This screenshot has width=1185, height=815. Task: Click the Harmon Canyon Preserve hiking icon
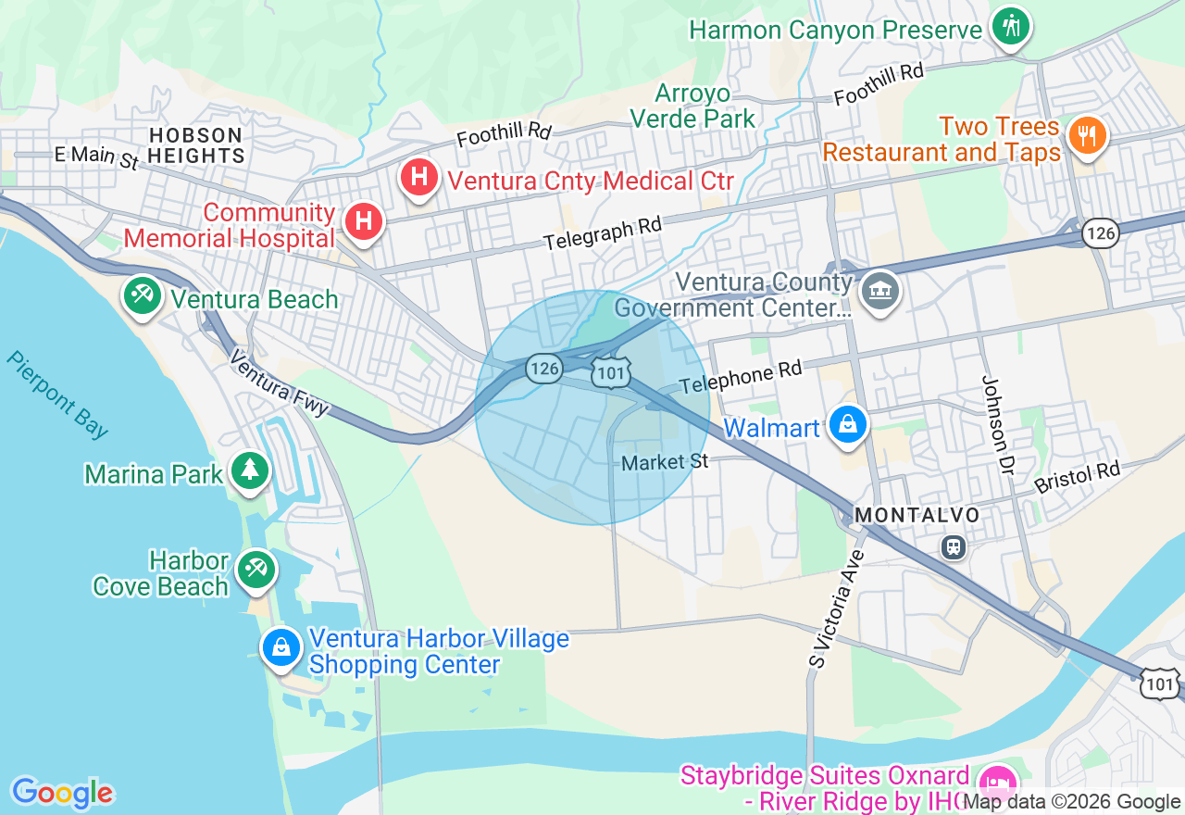pos(1010,25)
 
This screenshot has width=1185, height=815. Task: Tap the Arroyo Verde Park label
pos(692,106)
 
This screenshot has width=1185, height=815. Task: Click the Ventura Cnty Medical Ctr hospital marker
pos(418,176)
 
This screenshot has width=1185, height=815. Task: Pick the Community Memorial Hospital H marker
pos(364,221)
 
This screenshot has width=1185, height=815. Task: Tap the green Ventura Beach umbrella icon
pos(142,296)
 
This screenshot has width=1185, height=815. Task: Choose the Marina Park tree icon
pos(249,470)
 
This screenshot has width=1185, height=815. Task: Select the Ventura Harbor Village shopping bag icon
pos(281,646)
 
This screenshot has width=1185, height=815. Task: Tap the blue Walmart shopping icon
pos(848,424)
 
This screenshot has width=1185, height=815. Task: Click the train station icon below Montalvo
pos(954,547)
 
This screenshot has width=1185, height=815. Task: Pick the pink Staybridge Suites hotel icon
pos(998,781)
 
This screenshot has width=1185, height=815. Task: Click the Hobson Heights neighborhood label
pos(196,145)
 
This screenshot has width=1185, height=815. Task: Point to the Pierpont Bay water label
pos(57,395)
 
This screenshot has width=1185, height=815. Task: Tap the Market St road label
pos(665,461)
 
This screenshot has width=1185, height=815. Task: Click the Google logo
pos(62,793)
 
